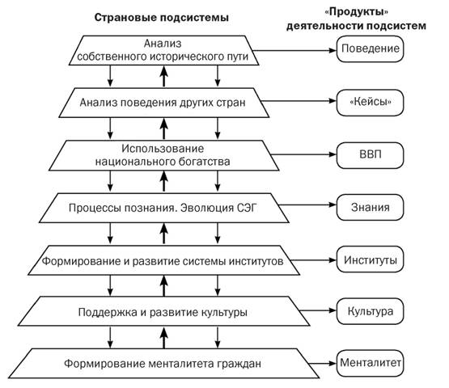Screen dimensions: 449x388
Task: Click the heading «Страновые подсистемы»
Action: coord(162,18)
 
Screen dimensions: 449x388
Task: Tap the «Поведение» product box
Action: coord(370,49)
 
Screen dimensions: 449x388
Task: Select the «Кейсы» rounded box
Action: coord(370,103)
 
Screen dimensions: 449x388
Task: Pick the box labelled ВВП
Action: coord(370,155)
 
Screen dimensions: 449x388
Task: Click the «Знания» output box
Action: coord(370,208)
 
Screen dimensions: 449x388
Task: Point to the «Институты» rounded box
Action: coord(370,259)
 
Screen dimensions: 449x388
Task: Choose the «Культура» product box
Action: coord(370,311)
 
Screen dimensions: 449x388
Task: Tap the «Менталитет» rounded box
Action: coord(370,364)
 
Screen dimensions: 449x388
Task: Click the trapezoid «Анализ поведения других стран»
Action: coord(163,103)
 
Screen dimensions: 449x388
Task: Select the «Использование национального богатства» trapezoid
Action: coord(163,155)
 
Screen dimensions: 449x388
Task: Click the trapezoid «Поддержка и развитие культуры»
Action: coord(163,311)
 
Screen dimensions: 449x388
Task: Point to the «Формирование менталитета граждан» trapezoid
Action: coord(163,364)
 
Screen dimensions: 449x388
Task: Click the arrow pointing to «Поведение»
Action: coord(294,51)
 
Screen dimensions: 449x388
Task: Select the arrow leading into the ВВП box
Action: coord(303,154)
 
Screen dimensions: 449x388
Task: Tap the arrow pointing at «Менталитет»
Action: coord(323,364)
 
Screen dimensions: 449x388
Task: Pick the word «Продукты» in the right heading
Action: coord(357,12)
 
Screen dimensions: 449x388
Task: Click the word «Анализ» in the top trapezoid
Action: coord(163,44)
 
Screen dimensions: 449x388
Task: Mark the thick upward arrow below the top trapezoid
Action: coord(163,76)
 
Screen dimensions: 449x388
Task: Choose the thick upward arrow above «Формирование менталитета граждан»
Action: coord(163,338)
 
